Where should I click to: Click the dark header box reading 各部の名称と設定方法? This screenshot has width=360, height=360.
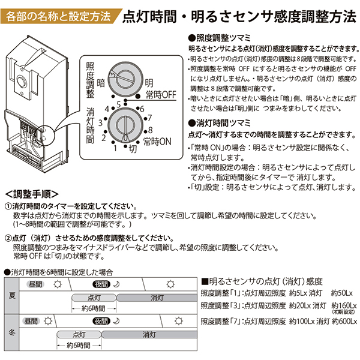[58, 16]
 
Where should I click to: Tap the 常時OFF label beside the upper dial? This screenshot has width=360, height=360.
[160, 94]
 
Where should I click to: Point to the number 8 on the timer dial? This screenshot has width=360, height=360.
[149, 129]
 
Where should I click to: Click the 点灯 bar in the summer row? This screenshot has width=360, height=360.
[95, 296]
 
